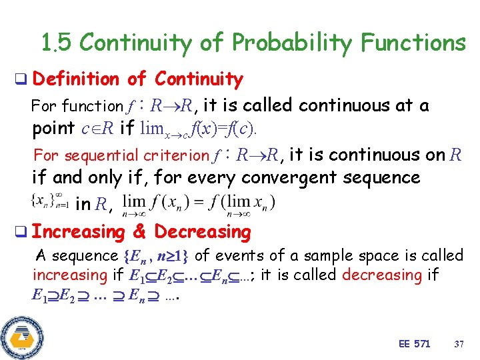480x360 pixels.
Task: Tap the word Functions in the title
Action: [x=413, y=43]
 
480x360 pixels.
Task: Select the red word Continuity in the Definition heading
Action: [x=199, y=79]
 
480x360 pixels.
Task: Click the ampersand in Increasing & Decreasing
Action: [x=139, y=232]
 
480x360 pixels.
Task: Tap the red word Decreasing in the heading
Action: [x=203, y=232]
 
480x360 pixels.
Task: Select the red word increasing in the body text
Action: [x=70, y=275]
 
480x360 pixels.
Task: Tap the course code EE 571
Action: [x=414, y=343]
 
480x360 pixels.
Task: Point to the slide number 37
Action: [x=459, y=343]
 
